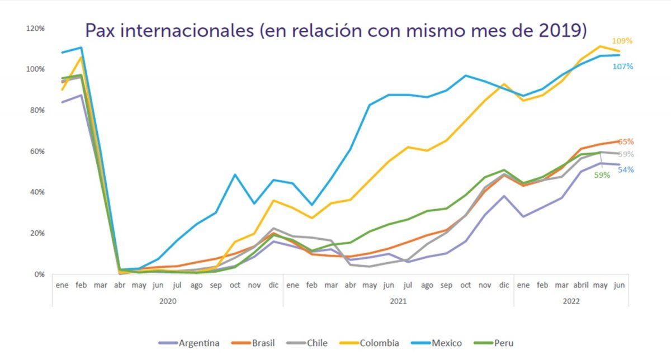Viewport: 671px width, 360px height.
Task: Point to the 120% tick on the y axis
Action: coord(35,28)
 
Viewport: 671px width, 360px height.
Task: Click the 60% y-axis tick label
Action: coord(37,151)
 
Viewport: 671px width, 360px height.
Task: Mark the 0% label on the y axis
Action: coord(39,274)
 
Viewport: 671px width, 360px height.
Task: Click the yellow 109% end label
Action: coord(622,41)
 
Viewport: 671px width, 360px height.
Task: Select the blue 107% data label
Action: coord(622,67)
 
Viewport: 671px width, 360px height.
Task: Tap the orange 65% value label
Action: coord(626,142)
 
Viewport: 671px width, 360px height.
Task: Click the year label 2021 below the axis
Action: coord(398,301)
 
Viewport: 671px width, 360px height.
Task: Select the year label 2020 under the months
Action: coord(167,301)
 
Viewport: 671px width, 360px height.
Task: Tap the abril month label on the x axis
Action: coord(582,285)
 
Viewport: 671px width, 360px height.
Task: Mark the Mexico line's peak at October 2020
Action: coord(235,174)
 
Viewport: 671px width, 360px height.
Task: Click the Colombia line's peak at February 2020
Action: coord(81,56)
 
